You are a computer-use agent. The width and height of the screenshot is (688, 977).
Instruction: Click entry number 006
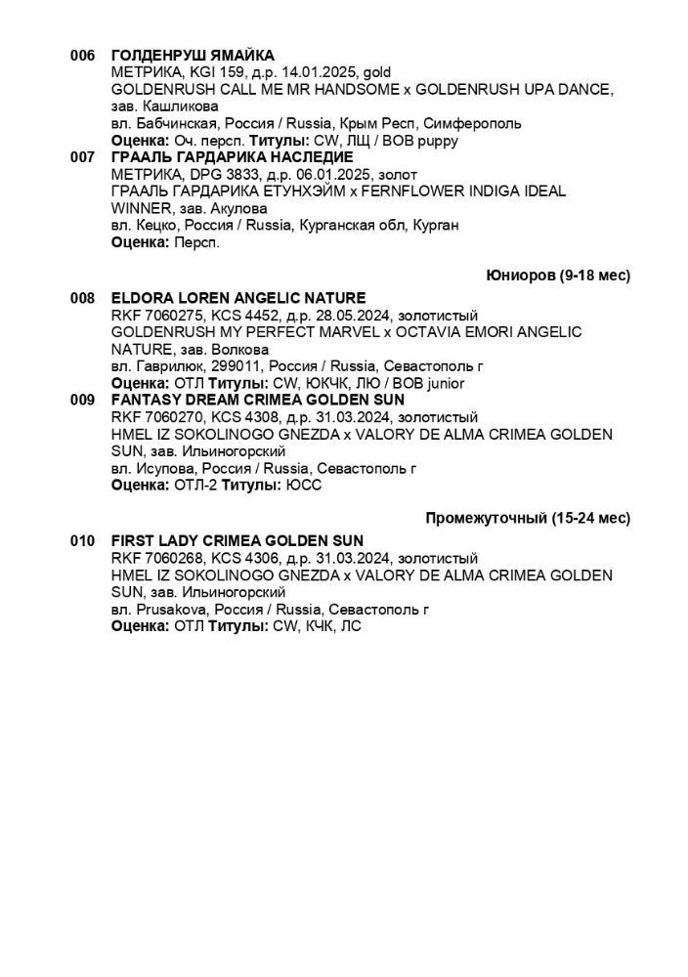click(x=82, y=56)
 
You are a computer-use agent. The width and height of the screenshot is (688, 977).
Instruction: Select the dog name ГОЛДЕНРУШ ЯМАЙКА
click(x=193, y=56)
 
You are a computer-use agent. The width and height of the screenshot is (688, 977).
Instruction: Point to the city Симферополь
click(x=473, y=123)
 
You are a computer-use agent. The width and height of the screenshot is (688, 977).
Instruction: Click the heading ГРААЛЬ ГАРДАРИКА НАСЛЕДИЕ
click(x=232, y=157)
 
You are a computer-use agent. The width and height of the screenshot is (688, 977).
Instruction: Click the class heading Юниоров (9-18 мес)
click(x=558, y=276)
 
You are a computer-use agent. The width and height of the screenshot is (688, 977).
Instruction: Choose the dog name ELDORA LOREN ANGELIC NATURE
click(x=238, y=298)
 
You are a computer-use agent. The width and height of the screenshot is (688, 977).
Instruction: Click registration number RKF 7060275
click(x=156, y=315)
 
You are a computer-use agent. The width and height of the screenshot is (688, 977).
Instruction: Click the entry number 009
click(x=82, y=400)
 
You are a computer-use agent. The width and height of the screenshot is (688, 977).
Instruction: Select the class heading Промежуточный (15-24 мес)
click(x=528, y=518)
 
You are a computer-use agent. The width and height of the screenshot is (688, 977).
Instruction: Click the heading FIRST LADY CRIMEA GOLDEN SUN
click(x=237, y=540)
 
